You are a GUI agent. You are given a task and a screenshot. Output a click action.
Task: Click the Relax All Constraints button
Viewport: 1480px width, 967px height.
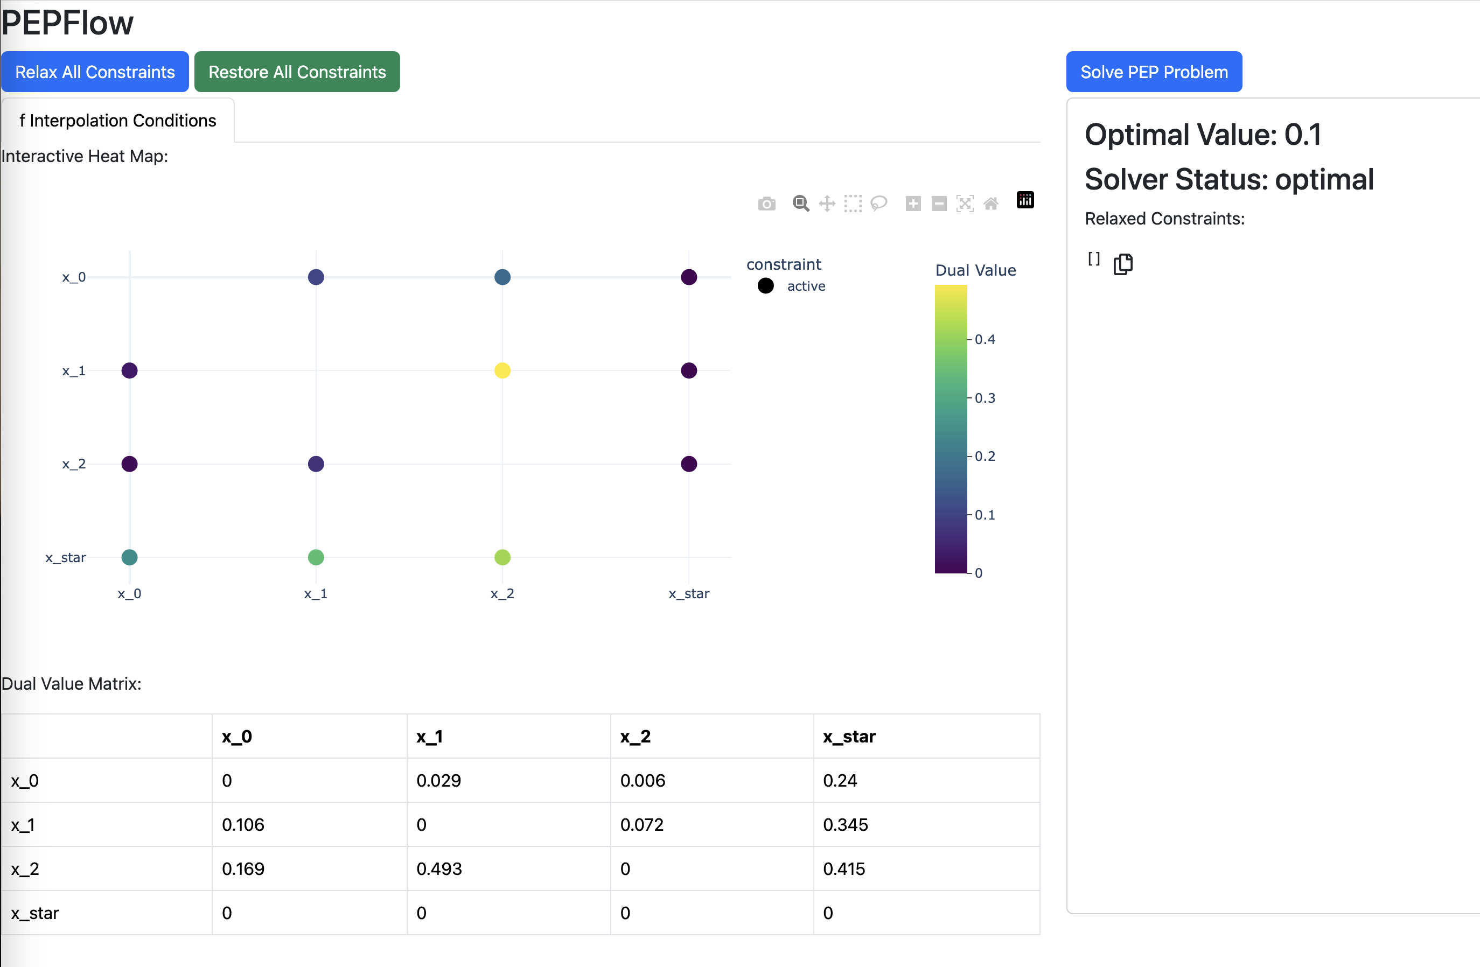coord(95,72)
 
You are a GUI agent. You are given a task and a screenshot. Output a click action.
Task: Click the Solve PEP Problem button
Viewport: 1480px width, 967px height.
coord(1154,72)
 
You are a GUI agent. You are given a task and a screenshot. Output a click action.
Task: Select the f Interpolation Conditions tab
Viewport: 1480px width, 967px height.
coord(117,120)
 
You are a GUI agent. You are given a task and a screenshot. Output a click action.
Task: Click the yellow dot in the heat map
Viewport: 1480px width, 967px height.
coord(502,370)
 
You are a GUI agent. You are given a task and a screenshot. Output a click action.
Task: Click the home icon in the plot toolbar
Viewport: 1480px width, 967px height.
coord(990,204)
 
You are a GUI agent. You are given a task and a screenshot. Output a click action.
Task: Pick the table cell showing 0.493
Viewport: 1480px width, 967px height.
coord(439,869)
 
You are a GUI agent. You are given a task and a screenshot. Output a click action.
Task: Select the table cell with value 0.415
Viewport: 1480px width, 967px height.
coord(844,869)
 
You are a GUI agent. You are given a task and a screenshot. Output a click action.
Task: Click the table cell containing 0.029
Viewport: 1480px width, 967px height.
coord(438,781)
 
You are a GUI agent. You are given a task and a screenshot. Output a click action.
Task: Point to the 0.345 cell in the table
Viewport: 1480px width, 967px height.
coord(845,825)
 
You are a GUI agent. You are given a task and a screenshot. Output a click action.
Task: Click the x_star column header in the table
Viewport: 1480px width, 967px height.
coord(849,737)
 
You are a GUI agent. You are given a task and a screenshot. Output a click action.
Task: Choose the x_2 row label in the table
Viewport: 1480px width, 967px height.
coord(25,869)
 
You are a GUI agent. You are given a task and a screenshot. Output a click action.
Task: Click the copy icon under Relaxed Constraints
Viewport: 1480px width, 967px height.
coord(1122,264)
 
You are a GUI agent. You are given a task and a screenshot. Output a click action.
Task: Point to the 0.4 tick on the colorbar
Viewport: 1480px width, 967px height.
coord(985,340)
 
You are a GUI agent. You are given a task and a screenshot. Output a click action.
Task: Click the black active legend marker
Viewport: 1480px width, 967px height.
coord(765,286)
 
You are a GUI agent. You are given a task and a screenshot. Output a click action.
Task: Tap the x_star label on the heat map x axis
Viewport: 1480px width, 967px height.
coord(688,593)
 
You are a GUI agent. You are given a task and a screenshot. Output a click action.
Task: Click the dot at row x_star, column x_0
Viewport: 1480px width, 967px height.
coord(129,557)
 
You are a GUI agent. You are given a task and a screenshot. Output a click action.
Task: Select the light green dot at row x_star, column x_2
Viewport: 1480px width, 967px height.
coord(502,557)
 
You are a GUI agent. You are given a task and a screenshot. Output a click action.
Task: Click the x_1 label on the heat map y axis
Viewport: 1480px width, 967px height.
coord(73,370)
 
